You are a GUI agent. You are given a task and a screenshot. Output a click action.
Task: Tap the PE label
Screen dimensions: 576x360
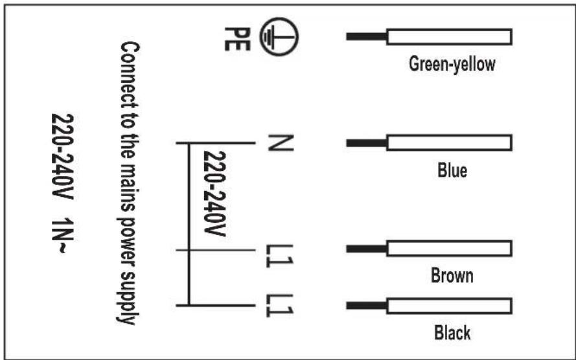(237, 39)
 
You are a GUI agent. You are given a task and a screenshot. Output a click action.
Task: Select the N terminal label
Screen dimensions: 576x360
(281, 142)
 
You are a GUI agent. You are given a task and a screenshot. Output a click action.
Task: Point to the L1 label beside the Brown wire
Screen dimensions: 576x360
(279, 256)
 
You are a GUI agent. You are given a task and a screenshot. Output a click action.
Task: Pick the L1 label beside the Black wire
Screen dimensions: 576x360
(279, 306)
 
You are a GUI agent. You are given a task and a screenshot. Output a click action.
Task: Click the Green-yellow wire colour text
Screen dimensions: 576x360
(452, 64)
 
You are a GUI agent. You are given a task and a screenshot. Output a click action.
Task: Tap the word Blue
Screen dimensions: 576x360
(452, 170)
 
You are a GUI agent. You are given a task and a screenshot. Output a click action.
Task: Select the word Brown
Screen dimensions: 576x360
(452, 276)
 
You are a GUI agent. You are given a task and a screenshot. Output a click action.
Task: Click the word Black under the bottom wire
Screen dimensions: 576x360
(452, 333)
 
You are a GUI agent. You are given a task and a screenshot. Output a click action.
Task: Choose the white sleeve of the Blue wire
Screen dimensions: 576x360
(449, 142)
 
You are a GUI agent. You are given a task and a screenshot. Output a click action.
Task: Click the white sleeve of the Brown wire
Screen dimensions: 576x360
(449, 249)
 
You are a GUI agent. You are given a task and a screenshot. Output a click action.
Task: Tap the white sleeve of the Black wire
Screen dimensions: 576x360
(449, 306)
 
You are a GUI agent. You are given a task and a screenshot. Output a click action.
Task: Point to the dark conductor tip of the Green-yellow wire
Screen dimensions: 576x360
(366, 37)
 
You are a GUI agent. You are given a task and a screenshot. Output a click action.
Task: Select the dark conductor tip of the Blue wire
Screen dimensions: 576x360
(366, 142)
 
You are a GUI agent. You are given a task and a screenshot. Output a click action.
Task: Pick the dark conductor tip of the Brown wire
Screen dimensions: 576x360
(366, 249)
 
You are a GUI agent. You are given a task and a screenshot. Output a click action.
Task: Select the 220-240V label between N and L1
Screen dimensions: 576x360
(214, 194)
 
